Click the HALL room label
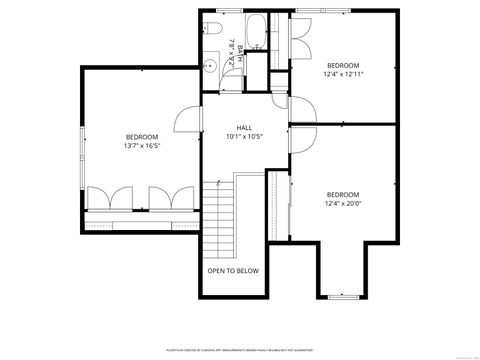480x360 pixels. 244,128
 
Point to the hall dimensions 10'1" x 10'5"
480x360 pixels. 244,137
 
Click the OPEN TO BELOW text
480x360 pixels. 233,271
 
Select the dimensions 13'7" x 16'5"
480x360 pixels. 142,146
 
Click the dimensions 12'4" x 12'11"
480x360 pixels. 342,73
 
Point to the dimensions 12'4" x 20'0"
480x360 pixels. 342,204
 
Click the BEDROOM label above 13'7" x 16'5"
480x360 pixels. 142,137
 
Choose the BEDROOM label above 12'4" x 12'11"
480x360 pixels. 342,64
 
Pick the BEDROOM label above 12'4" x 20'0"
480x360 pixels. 342,194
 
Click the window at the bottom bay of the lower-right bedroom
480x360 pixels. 342,297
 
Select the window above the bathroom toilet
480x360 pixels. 228,11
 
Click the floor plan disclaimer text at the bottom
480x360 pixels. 240,350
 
